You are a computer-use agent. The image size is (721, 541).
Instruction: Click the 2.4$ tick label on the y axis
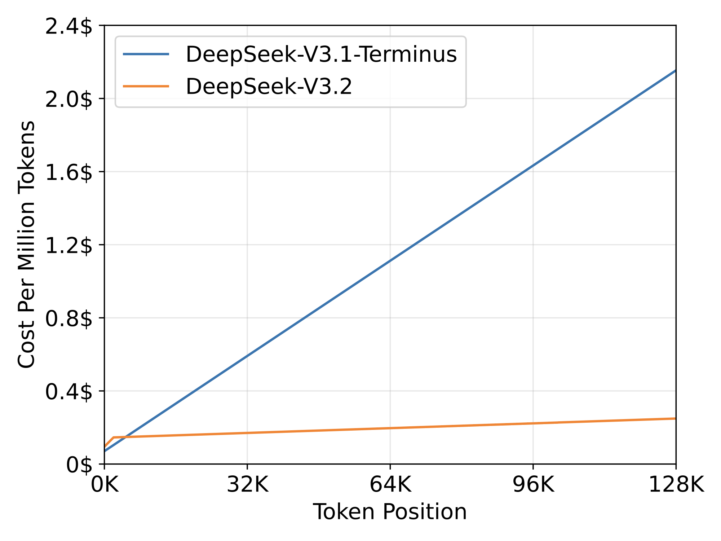click(68, 27)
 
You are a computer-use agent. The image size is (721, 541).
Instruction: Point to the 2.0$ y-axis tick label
click(68, 100)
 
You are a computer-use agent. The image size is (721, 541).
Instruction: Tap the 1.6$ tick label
click(68, 173)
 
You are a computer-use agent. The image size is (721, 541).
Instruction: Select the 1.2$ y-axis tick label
click(68, 246)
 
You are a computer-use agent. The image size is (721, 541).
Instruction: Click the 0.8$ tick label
click(68, 320)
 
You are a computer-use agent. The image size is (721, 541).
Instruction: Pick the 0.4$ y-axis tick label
click(68, 392)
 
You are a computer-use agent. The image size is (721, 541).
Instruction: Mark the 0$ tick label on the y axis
click(79, 465)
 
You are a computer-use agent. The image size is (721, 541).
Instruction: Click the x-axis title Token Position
click(390, 512)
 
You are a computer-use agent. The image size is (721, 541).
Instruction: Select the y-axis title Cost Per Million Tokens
click(27, 245)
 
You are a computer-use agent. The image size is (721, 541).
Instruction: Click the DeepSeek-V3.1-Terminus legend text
click(321, 55)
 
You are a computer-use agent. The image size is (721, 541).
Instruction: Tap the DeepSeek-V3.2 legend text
click(269, 87)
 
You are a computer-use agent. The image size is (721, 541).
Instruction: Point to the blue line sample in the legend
click(146, 54)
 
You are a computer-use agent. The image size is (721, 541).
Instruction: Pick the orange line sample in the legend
click(146, 86)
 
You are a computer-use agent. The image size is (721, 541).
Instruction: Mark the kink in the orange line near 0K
click(113, 437)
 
